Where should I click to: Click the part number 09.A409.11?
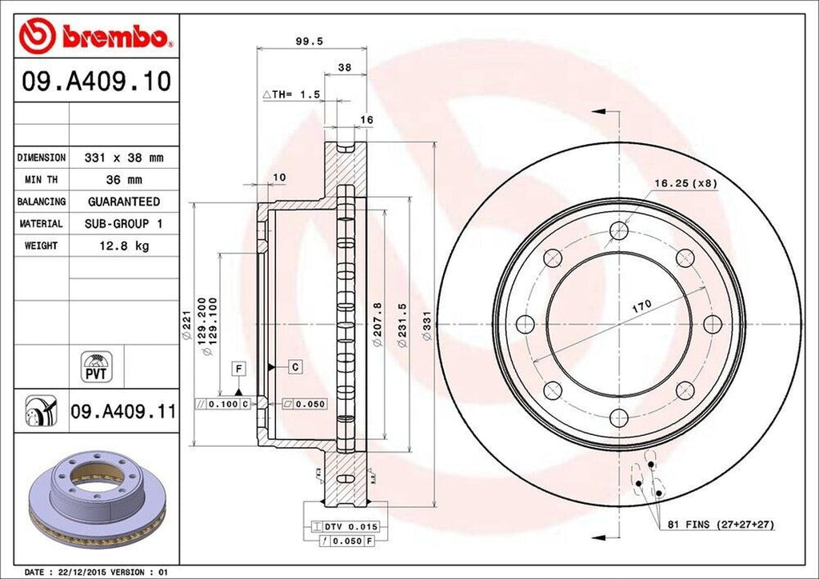(122, 412)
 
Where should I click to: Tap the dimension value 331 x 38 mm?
(118, 158)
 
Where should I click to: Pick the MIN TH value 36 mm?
(118, 180)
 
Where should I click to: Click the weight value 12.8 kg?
(118, 246)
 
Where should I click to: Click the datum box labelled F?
(238, 368)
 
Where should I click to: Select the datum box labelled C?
(294, 367)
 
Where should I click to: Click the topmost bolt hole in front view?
(618, 231)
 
